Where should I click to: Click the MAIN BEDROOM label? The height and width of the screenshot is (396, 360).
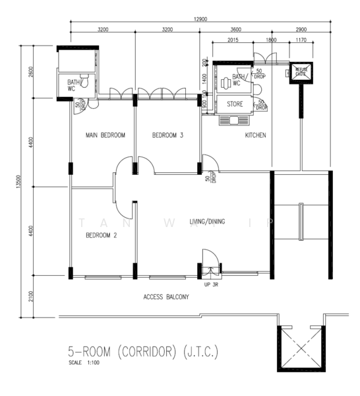click(x=105, y=135)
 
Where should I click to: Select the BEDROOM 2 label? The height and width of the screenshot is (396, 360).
click(x=102, y=235)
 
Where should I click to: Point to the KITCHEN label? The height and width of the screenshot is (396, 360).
click(x=255, y=135)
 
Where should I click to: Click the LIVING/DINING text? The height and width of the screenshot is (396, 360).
click(x=207, y=222)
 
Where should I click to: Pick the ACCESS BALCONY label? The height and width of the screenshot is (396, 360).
click(x=166, y=298)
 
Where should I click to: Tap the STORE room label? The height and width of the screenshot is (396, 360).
click(x=235, y=104)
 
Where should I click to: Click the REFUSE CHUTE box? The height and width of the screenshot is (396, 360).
click(x=301, y=71)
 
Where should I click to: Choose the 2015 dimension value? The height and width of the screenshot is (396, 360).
click(x=232, y=40)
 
